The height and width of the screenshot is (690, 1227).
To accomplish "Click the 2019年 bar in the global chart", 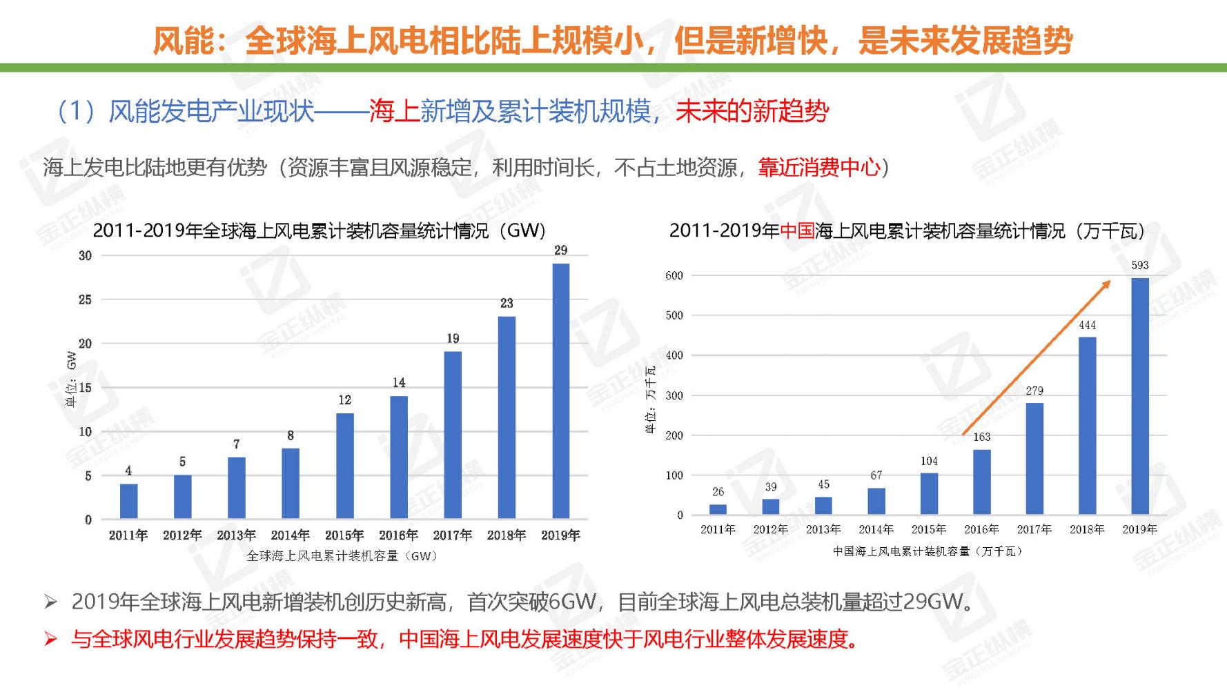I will [561, 391].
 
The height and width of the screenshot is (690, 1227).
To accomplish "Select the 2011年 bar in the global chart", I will [128, 502].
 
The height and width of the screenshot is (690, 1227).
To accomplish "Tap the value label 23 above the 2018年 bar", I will [507, 303].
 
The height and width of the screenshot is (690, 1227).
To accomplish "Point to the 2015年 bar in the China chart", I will [929, 494].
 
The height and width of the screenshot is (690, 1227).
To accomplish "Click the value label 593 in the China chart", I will [1140, 265].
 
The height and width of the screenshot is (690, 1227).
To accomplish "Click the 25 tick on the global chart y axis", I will [85, 299].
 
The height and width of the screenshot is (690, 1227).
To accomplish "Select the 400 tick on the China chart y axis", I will [674, 355].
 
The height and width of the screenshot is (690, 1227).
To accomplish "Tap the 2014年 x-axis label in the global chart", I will [290, 535].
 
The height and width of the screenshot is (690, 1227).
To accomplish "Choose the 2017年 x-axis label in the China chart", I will [1034, 529].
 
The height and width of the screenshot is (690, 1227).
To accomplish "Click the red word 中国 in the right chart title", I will [797, 231].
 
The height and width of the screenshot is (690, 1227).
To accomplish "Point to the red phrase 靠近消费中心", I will [819, 168].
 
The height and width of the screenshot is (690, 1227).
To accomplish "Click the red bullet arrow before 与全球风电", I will [50, 639].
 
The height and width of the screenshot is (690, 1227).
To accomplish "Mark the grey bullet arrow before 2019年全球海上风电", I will [50, 602].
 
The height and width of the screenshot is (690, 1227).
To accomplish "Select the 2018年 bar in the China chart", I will [1087, 426].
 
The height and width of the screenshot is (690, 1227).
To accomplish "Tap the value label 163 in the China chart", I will [981, 437].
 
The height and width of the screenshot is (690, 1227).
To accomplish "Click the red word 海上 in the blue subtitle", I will [394, 112].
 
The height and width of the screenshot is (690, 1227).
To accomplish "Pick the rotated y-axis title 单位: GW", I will [71, 379].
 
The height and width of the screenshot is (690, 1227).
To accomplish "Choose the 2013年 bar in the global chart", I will [237, 488].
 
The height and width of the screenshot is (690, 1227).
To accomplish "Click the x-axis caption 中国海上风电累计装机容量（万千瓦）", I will [928, 551].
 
